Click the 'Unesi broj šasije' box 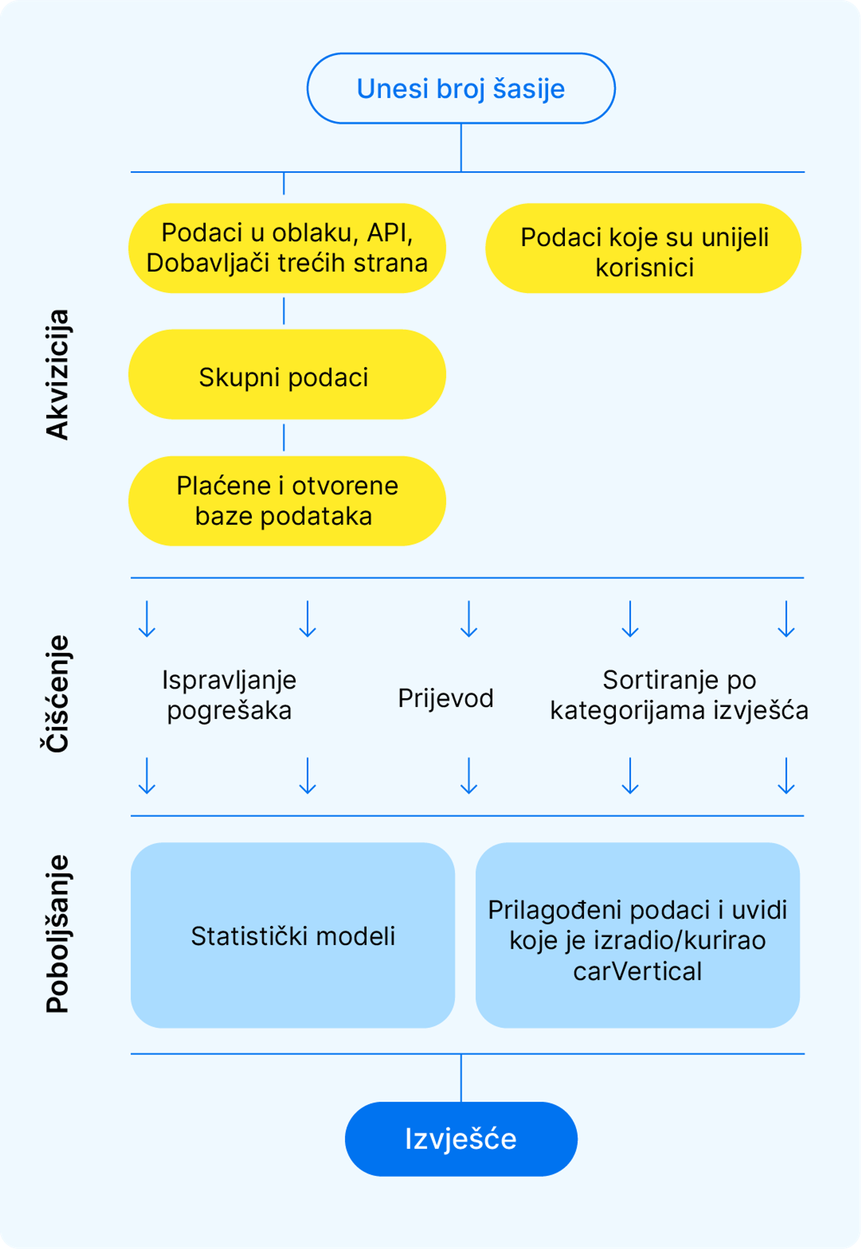461,89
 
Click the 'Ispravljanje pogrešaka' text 229,695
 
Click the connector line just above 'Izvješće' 461,1078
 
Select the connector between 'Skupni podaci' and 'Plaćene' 284,437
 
